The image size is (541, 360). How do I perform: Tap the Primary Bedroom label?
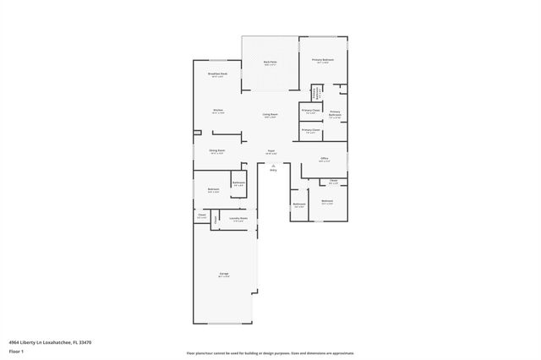tap(323, 60)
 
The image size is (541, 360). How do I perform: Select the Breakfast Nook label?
tap(217, 74)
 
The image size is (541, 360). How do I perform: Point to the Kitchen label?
tap(218, 111)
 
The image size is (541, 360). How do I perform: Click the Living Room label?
tap(270, 116)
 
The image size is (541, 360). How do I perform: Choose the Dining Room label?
tap(217, 152)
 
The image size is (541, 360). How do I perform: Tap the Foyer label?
tap(271, 152)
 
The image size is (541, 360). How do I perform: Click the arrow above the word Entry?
tap(273, 165)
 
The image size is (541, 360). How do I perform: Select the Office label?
tap(325, 158)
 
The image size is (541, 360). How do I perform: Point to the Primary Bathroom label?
tap(335, 114)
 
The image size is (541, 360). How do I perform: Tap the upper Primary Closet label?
tap(310, 111)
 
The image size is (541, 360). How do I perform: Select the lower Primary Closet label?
tap(310, 130)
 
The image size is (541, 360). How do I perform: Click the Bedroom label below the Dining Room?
tap(213, 190)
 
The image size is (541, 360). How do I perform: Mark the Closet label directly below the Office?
tap(333, 181)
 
